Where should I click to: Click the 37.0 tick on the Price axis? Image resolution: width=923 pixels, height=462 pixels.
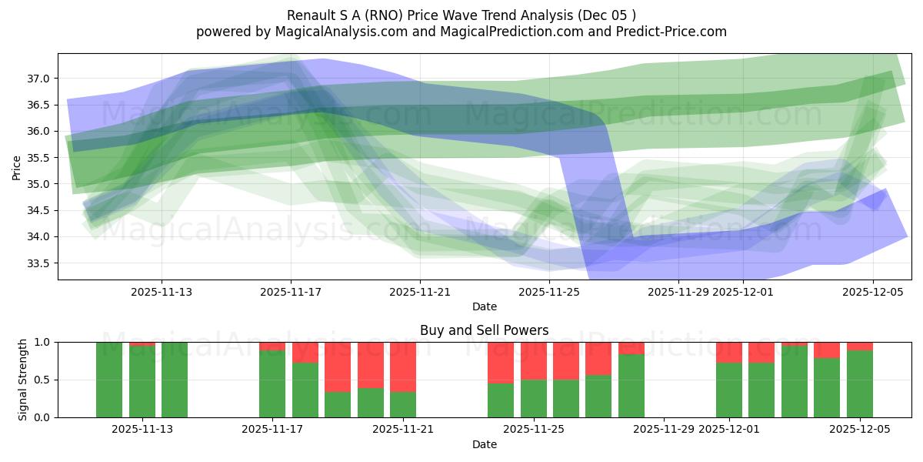(39, 79)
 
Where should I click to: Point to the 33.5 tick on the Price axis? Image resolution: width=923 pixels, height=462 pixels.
(39, 263)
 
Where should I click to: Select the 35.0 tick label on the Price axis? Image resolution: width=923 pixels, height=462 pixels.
(39, 184)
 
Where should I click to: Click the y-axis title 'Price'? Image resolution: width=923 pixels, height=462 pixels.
(17, 167)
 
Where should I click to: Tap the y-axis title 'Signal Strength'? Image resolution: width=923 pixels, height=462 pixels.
(23, 380)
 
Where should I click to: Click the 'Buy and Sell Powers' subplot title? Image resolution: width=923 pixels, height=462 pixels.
(484, 330)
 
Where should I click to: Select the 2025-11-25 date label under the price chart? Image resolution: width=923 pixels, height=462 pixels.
(549, 292)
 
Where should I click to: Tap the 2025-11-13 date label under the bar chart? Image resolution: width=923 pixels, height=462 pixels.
(142, 429)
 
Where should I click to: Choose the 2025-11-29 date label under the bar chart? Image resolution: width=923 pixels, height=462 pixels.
(663, 429)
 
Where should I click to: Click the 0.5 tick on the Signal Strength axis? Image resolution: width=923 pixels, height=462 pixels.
(42, 380)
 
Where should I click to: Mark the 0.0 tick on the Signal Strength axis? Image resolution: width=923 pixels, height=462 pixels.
(42, 417)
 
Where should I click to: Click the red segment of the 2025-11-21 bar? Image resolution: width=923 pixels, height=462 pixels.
(403, 367)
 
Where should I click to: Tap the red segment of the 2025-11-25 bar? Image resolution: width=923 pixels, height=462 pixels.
(534, 360)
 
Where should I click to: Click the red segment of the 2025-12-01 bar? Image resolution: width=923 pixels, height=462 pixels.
(729, 352)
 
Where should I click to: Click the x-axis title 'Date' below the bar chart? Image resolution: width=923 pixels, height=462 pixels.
(484, 444)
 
